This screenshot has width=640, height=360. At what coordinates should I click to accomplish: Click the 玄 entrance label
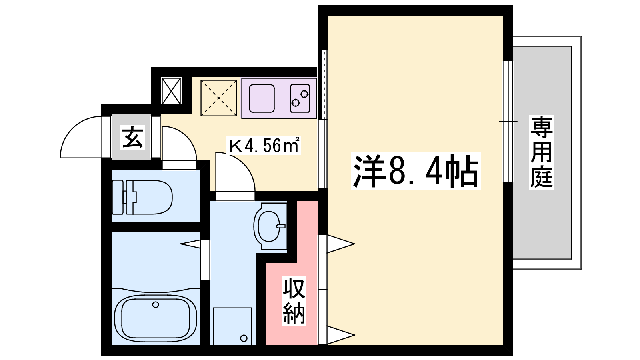[132, 138]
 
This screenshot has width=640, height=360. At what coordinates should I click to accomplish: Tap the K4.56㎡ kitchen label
[264, 146]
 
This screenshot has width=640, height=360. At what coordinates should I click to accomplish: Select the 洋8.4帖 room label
[416, 171]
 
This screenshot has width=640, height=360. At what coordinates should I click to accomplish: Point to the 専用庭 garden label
[542, 152]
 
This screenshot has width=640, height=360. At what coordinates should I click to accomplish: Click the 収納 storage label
[294, 300]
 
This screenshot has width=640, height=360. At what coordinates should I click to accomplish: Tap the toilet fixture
[142, 197]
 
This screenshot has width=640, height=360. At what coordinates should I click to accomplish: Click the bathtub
[156, 317]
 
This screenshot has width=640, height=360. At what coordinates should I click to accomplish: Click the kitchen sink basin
[262, 98]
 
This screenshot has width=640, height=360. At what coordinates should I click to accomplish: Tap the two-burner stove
[300, 98]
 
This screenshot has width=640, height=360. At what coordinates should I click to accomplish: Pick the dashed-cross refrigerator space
[219, 98]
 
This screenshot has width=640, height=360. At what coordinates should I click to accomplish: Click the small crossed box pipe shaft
[171, 91]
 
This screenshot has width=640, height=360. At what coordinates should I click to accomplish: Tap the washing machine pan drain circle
[244, 338]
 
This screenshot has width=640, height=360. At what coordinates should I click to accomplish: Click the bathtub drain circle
[156, 304]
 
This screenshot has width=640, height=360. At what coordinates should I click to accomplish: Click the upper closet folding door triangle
[341, 244]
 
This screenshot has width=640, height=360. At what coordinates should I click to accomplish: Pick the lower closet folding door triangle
[341, 335]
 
